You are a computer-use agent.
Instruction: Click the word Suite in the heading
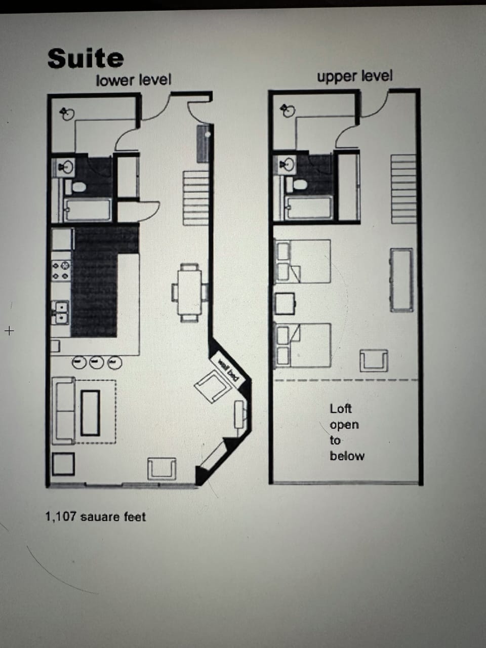click(86, 58)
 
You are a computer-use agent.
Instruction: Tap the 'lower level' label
click(134, 80)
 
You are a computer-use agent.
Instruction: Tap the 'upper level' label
click(354, 76)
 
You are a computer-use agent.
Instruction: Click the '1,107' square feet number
click(61, 517)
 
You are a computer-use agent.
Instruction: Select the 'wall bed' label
click(228, 367)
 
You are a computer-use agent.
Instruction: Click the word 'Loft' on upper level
click(340, 409)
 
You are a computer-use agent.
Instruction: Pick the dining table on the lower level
click(189, 293)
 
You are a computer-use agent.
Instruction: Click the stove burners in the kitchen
click(61, 270)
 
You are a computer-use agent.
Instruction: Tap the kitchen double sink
click(61, 312)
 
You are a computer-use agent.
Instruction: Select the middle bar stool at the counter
click(97, 362)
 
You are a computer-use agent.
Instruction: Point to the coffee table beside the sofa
click(91, 413)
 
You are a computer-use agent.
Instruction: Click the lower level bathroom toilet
click(78, 186)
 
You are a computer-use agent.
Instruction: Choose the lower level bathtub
click(88, 210)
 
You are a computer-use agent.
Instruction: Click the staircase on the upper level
click(403, 189)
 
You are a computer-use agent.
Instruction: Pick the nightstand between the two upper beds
click(285, 303)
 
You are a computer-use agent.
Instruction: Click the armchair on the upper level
click(374, 360)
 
